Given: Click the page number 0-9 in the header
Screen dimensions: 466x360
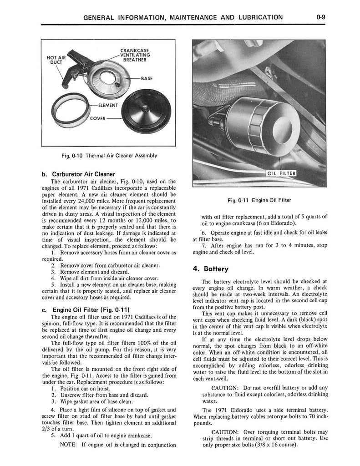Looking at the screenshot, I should click(324, 18).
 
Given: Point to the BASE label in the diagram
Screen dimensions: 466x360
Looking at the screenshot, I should click(147, 78).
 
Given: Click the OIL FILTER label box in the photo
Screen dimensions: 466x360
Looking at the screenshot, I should click(281, 173).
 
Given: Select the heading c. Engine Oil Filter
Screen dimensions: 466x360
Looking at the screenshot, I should click(81, 310).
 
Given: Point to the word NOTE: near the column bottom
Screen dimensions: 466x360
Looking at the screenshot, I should click(69, 444).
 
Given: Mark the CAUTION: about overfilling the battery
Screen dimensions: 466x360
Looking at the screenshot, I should click(227, 388).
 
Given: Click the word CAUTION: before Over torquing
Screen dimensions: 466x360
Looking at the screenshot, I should click(227, 431).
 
